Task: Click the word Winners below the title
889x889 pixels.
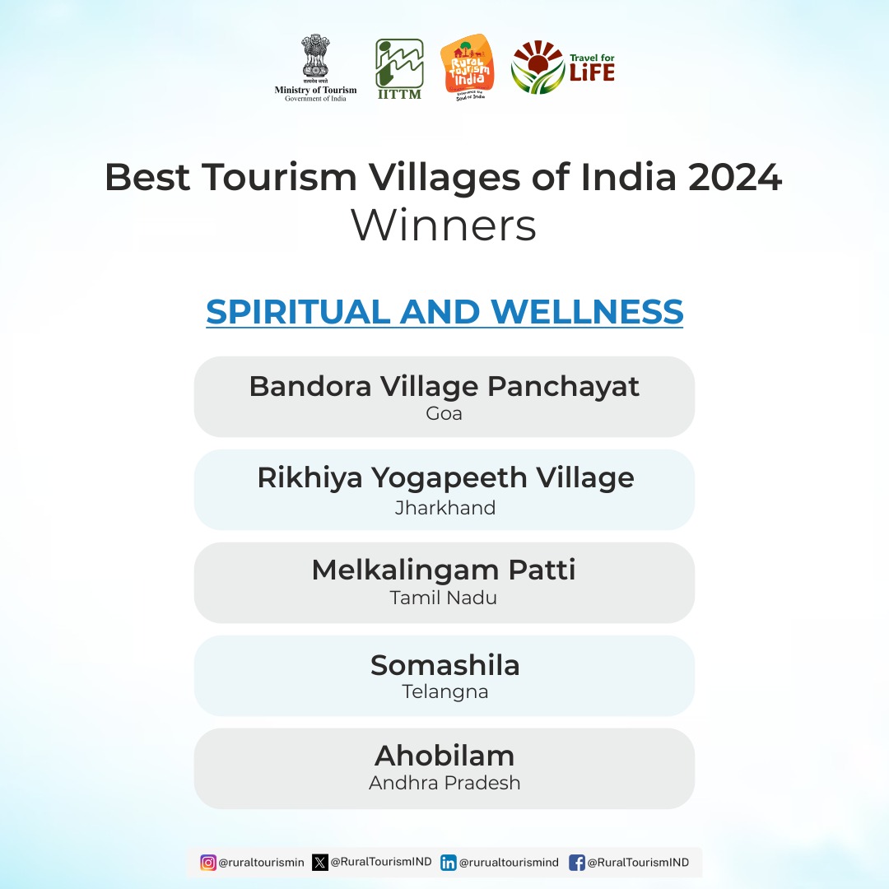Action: coord(444,226)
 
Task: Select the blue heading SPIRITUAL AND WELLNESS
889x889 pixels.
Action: coord(444,312)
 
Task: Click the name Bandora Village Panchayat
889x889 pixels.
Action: coord(444,386)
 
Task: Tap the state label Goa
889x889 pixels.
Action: coord(444,413)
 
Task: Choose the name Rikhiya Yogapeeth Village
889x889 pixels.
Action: coord(445,477)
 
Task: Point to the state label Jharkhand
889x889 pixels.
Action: coord(445,507)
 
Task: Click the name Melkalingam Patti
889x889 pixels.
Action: coord(444,570)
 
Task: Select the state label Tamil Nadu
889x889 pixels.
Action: coord(444,598)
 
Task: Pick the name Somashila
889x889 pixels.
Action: coord(444,664)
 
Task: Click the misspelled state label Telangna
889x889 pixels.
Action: coord(445,691)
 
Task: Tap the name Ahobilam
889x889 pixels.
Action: coord(444,755)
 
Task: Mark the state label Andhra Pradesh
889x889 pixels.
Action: coord(444,783)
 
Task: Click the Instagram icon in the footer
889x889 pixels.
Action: coord(209,863)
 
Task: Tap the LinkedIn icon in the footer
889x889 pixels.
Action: coord(449,863)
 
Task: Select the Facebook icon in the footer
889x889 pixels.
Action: coord(577,863)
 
